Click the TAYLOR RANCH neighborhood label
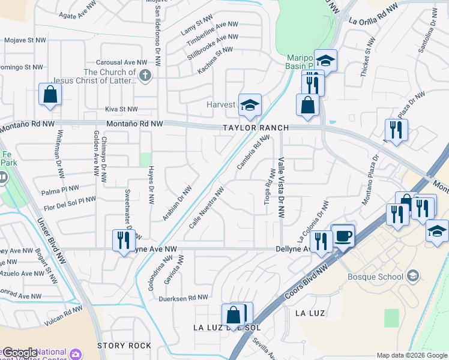pyautogui.click(x=255, y=128)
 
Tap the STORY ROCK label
pyautogui.click(x=124, y=346)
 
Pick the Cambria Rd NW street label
pyautogui.click(x=252, y=152)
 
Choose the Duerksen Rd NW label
pyautogui.click(x=183, y=298)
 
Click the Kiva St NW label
pyautogui.click(x=121, y=109)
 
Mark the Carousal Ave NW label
pyautogui.click(x=122, y=62)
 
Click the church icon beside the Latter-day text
pyautogui.click(x=144, y=76)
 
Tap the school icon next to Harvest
pyautogui.click(x=250, y=105)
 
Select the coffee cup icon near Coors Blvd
pyautogui.click(x=343, y=236)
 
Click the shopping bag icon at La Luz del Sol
pyautogui.click(x=233, y=314)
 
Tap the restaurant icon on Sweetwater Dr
pyautogui.click(x=121, y=241)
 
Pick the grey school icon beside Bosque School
pyautogui.click(x=412, y=276)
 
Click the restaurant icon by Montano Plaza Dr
pyautogui.click(x=396, y=130)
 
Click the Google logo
pyautogui.click(x=20, y=353)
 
